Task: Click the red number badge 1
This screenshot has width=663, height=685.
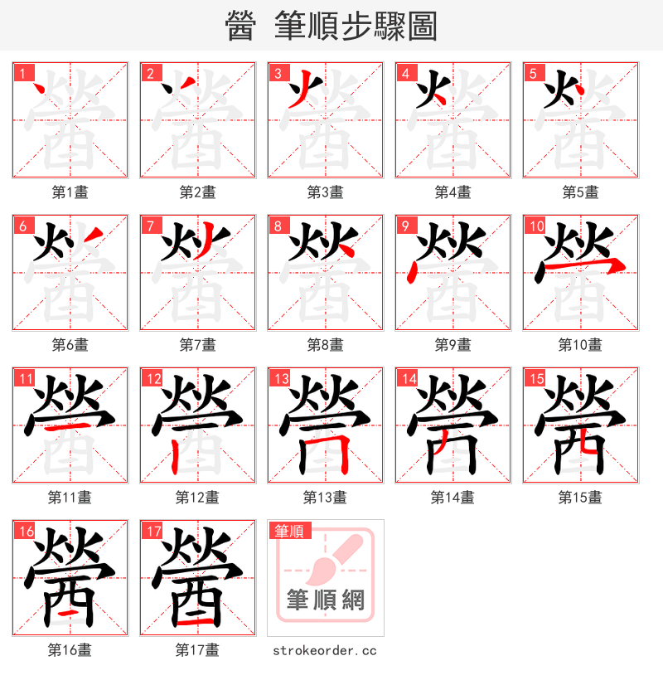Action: click(x=22, y=73)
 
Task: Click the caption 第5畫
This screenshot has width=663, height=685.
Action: click(x=580, y=192)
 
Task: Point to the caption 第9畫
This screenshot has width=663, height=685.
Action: click(x=452, y=345)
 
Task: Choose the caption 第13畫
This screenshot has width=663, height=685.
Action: click(x=325, y=498)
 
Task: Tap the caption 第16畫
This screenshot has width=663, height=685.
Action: click(x=70, y=650)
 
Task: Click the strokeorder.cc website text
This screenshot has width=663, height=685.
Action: click(x=325, y=650)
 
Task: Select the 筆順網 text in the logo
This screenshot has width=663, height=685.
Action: click(x=325, y=600)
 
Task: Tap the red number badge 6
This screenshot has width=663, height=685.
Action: click(x=22, y=226)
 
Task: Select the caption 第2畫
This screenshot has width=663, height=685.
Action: click(x=197, y=192)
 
